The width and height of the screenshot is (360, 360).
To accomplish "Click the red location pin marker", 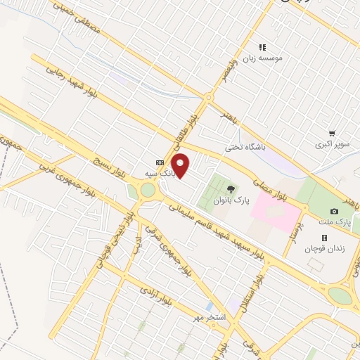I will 181,166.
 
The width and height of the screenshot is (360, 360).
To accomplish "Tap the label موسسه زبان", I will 262,58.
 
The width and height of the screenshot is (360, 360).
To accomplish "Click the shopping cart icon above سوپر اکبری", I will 331,132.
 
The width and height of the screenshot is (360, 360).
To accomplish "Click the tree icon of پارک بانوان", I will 231,188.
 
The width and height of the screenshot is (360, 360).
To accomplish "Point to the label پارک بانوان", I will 231,200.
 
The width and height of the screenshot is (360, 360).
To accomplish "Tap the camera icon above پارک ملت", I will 333,212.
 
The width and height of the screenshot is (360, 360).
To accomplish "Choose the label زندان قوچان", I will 323,250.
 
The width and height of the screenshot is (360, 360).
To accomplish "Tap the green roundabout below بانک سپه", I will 148,191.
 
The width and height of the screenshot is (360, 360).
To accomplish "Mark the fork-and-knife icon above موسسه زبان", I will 262,47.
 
